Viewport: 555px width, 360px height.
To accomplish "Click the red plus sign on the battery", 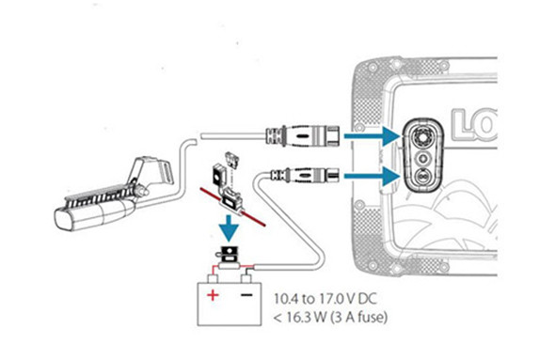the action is pyautogui.click(x=213, y=294).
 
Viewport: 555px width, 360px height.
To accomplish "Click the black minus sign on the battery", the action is pyautogui.click(x=246, y=294).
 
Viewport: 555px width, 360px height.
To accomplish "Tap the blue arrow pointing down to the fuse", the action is pyautogui.click(x=229, y=228).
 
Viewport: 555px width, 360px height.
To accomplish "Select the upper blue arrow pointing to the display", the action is pyautogui.click(x=373, y=135).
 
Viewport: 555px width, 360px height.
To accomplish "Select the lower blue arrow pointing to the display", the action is pyautogui.click(x=373, y=176).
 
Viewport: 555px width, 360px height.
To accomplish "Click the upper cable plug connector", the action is pyautogui.click(x=303, y=135).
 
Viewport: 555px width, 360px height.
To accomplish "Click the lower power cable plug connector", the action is pyautogui.click(x=304, y=175).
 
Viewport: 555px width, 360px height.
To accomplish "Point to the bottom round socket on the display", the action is pyautogui.click(x=422, y=177).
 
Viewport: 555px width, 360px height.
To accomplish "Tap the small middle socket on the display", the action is pyautogui.click(x=422, y=157).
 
